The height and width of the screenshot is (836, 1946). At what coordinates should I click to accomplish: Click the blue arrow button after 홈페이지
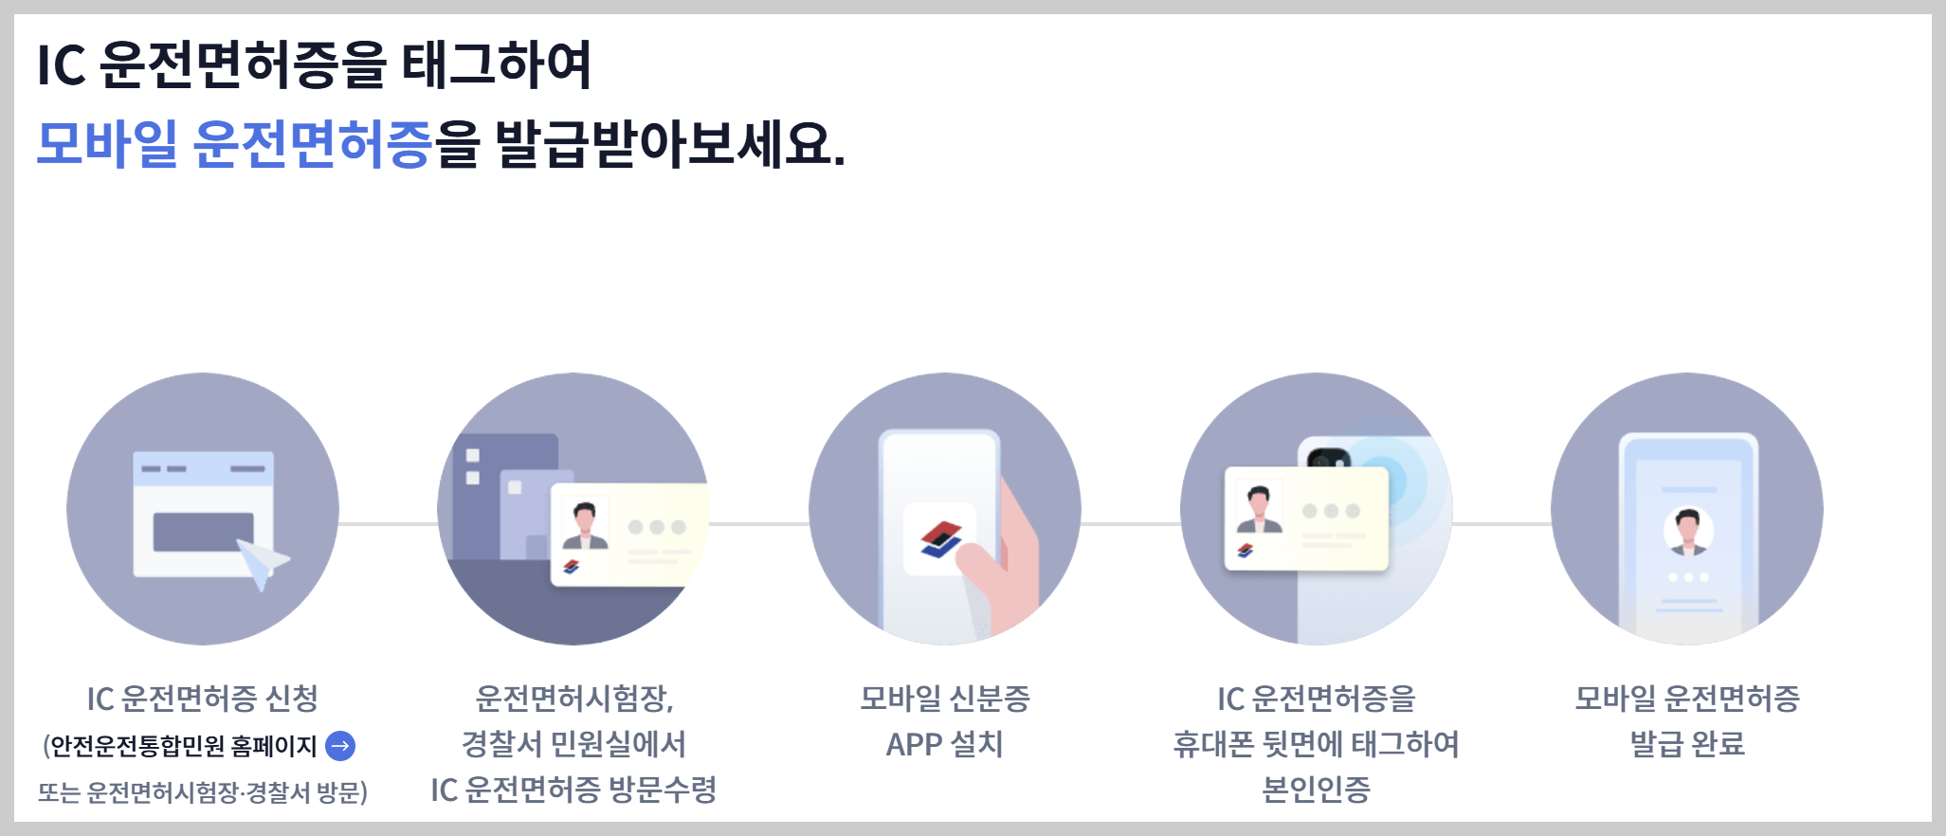point(340,746)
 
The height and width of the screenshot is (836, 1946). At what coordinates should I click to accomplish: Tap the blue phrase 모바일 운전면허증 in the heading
point(234,144)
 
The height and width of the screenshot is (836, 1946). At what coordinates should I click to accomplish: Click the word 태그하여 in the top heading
point(497,64)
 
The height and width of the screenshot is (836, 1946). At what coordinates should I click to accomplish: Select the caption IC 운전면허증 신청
point(202,699)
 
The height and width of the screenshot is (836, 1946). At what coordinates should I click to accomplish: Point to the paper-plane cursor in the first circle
point(262,561)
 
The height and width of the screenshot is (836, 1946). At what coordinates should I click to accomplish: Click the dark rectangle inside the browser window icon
point(203,532)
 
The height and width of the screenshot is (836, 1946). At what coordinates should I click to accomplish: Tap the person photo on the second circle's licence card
point(585,525)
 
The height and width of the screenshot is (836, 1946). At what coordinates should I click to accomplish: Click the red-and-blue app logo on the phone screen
point(940,539)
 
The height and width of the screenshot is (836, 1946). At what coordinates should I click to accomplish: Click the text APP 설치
point(944,744)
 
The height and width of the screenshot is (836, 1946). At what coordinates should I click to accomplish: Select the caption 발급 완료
point(1687,744)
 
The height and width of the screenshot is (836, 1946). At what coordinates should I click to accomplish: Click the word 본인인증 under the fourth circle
point(1316,789)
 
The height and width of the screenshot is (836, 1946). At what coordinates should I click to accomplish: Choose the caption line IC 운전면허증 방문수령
point(573,789)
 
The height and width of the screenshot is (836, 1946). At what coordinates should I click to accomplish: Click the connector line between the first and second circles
point(388,523)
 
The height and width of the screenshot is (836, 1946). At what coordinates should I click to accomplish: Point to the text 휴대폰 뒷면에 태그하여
point(1316,744)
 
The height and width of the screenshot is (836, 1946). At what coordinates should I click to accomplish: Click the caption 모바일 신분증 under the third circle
point(944,699)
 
